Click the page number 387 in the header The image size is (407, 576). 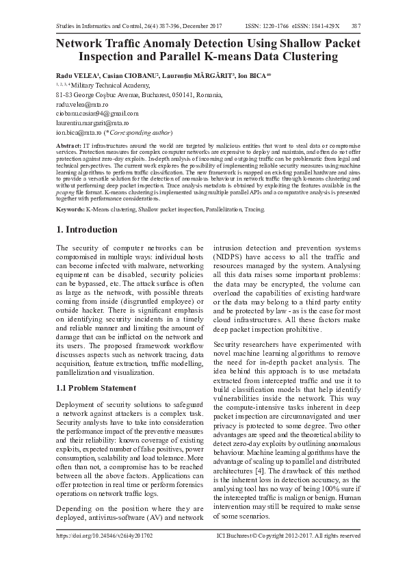tap(356, 25)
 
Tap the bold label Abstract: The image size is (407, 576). tap(68, 146)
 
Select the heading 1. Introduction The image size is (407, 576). tap(86, 229)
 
